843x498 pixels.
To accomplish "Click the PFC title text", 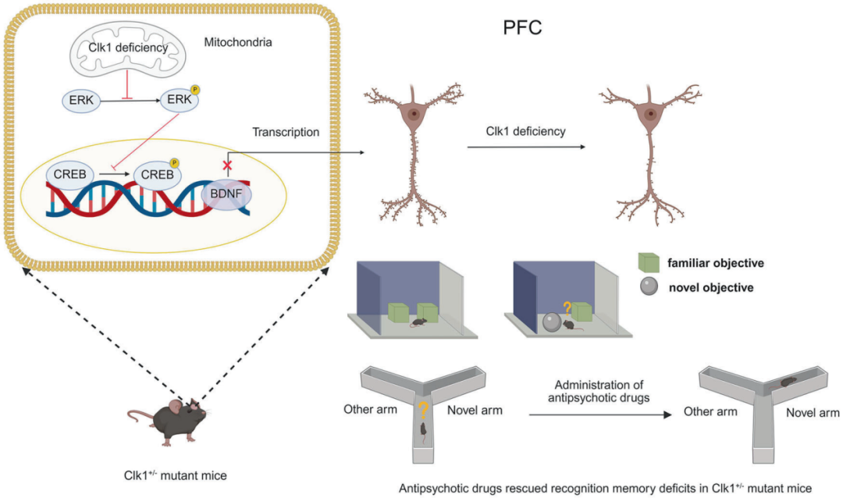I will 522,28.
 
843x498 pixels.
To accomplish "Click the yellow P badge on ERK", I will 195,91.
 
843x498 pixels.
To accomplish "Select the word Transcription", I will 286,132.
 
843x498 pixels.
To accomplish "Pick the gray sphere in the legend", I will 647,287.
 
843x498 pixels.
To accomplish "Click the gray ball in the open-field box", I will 551,322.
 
